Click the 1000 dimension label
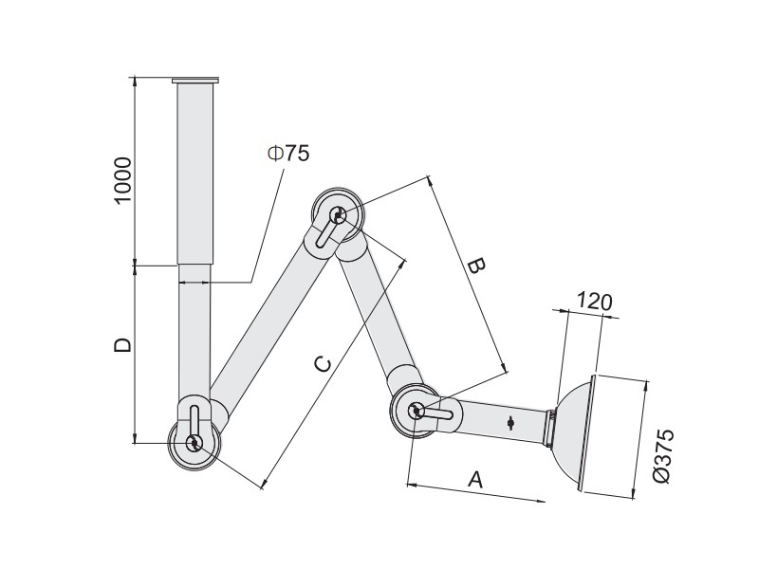(x=123, y=180)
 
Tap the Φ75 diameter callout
(x=288, y=154)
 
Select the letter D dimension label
(x=122, y=344)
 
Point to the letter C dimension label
(x=323, y=364)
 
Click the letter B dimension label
(x=475, y=266)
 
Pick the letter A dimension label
(x=476, y=480)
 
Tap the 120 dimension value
(x=595, y=302)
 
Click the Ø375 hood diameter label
(x=662, y=455)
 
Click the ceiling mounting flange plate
(x=195, y=81)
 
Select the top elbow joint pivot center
(x=338, y=215)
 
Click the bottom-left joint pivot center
(x=194, y=442)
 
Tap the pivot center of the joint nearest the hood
(x=416, y=411)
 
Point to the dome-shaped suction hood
(x=574, y=433)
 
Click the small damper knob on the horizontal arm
(x=510, y=423)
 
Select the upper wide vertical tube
(x=195, y=174)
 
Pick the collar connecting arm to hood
(x=550, y=428)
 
